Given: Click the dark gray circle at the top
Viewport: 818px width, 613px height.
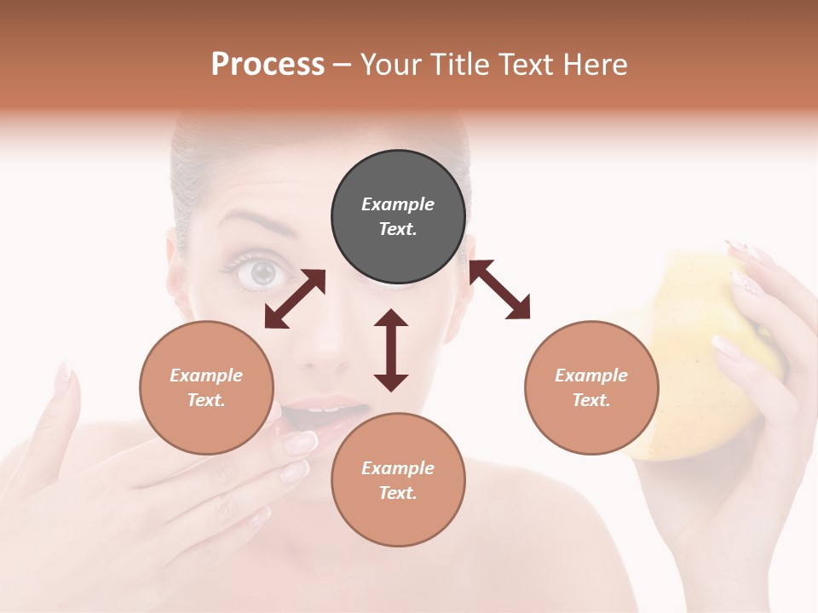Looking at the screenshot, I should (398, 217).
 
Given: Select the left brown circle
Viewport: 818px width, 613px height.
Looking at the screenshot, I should (206, 387).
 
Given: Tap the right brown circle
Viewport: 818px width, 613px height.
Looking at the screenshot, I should (591, 387).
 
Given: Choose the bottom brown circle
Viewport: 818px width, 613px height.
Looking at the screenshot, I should (398, 480).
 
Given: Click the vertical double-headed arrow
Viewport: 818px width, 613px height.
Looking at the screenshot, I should (391, 350).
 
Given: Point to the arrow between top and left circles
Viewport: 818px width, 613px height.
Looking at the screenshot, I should (295, 299).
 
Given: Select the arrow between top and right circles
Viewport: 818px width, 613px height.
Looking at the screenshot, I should (499, 289).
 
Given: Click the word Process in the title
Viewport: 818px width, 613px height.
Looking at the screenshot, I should (268, 65).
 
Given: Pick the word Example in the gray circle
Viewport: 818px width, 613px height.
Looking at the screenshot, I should (398, 204).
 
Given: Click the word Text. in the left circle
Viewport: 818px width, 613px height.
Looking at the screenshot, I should (206, 400).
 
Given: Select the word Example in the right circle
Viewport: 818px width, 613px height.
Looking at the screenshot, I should (591, 375).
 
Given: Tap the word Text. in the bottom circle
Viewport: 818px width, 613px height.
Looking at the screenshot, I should (398, 493).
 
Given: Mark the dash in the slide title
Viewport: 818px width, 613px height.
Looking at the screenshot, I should (343, 65).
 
